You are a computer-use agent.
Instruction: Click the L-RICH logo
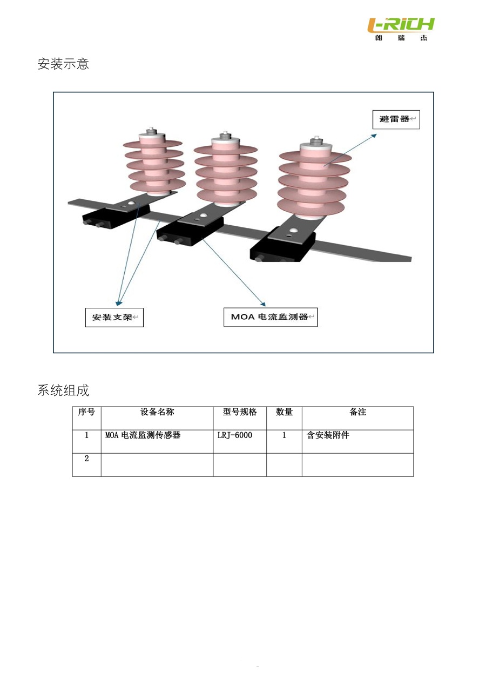(x=401, y=28)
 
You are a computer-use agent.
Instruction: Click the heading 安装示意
(x=63, y=64)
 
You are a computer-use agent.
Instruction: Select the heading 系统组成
(x=63, y=390)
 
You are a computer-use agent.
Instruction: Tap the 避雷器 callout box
(x=396, y=119)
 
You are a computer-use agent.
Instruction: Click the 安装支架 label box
(x=114, y=318)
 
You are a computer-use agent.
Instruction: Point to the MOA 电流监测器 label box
(x=271, y=317)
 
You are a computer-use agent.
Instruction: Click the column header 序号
(x=86, y=412)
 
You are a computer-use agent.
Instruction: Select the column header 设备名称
(x=157, y=412)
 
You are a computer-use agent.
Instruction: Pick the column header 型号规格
(x=240, y=412)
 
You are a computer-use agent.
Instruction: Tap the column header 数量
(x=284, y=412)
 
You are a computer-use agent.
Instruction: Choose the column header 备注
(x=357, y=412)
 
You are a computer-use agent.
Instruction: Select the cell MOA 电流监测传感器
(x=143, y=435)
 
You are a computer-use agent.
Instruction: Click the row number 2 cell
(x=86, y=459)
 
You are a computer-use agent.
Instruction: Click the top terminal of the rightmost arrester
(x=315, y=140)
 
